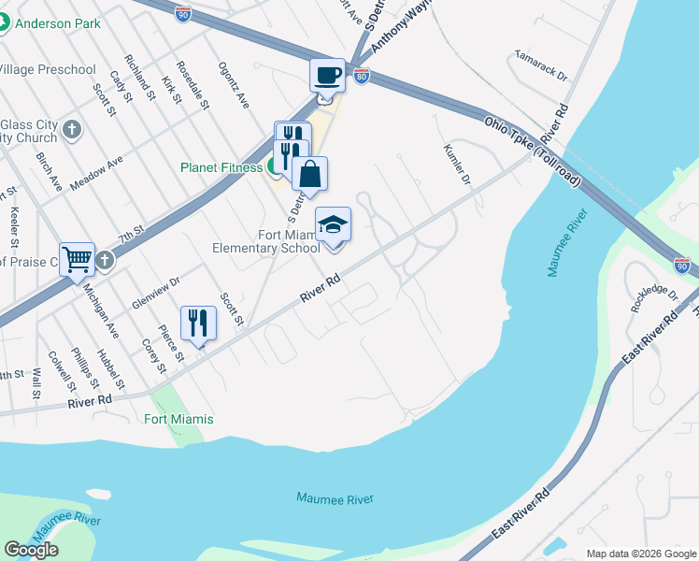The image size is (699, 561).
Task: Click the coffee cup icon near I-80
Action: pos(327,75)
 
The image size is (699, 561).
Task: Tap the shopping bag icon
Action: pos(309,173)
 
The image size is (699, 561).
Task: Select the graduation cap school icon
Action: pos(333,224)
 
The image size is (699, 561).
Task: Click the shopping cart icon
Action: pos(77,258)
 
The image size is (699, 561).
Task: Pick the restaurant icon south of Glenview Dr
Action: pos(198,323)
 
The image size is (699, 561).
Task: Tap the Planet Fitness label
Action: pos(221,168)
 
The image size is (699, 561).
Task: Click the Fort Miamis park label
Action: pos(178,419)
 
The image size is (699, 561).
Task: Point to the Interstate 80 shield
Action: pos(361,75)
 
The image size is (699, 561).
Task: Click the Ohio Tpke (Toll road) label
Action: pos(533,151)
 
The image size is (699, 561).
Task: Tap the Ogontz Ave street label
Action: pos(234,86)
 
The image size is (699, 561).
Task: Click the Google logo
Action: pos(31,550)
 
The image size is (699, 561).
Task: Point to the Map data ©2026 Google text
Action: pos(641,554)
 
